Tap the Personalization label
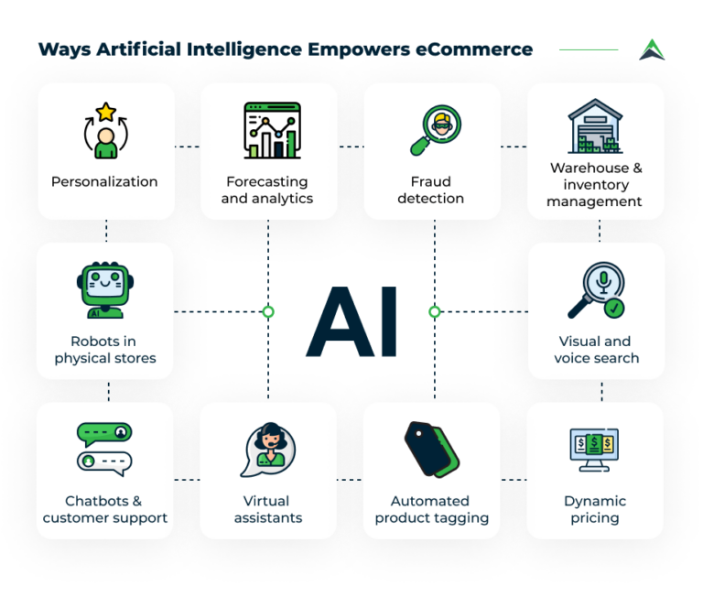(104, 181)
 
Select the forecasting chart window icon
(272, 130)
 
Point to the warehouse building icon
(595, 126)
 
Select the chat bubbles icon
(104, 446)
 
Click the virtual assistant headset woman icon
(268, 449)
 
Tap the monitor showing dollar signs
(594, 449)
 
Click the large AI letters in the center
(351, 321)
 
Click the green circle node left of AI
(268, 311)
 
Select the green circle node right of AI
(435, 311)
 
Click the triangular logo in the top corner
(652, 49)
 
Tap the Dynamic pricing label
(595, 509)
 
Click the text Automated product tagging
(430, 509)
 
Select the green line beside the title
(588, 49)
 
